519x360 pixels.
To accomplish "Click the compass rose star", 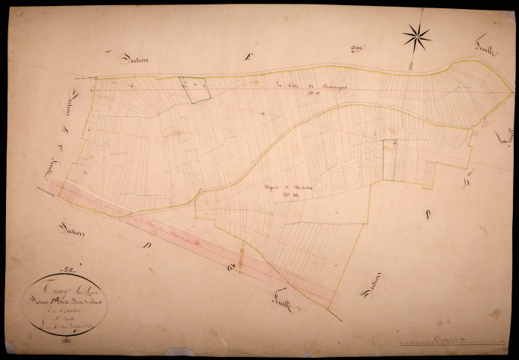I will (416, 36).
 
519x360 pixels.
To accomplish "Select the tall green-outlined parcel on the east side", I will (389, 160).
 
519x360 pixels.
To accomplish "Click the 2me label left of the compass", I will (357, 49).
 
